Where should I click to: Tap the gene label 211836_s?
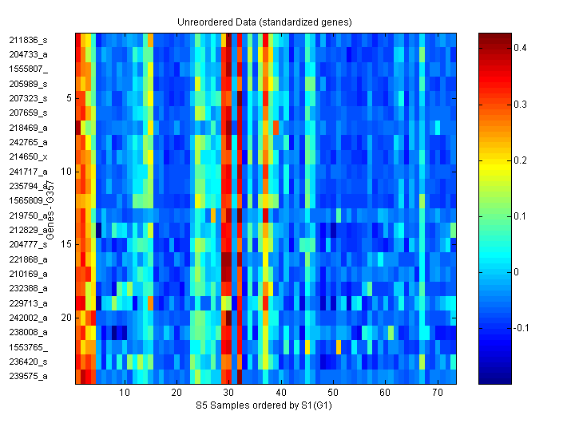pos(28,40)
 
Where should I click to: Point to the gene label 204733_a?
pos(28,54)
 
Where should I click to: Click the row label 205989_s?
pos(28,84)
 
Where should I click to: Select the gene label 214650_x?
pos(28,156)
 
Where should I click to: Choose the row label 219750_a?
pos(28,215)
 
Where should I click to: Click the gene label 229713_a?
pos(28,303)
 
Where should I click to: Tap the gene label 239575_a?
pos(28,376)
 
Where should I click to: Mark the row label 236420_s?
pos(28,362)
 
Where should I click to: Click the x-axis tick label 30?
pos(228,393)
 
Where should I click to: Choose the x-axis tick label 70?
pos(437,393)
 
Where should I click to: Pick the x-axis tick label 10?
pos(125,393)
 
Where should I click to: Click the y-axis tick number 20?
pos(66,318)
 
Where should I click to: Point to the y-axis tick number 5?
pos(69,98)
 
